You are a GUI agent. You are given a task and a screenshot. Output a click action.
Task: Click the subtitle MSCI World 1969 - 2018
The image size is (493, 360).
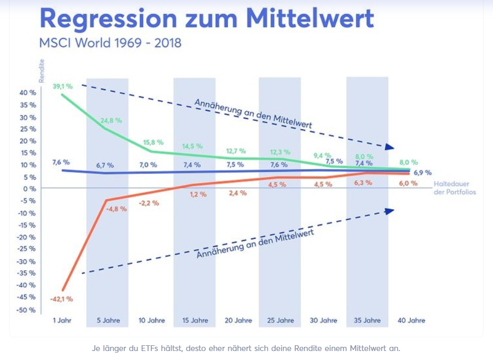(110, 43)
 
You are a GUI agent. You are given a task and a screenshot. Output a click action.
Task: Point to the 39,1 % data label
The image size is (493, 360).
(62, 86)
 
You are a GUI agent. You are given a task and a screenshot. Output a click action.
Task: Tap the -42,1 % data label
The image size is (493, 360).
(62, 299)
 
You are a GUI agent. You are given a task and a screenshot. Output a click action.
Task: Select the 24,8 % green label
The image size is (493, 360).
(111, 120)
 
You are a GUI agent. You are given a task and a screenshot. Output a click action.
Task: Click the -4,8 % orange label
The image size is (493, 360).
(116, 209)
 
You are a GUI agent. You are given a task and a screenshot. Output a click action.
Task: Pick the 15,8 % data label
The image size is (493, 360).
(153, 142)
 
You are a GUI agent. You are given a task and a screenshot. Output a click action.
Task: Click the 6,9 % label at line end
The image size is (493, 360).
(422, 172)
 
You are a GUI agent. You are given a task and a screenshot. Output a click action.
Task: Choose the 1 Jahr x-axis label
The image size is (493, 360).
(62, 320)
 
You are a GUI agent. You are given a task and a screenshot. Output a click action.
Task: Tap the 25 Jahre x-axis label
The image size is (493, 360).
(280, 320)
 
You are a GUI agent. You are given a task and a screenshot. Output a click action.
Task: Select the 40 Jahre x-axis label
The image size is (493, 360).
(410, 320)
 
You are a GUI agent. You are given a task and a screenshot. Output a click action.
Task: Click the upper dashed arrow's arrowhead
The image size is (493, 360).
(389, 148)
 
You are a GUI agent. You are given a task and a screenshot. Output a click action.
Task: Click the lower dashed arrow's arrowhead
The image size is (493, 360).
(389, 211)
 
